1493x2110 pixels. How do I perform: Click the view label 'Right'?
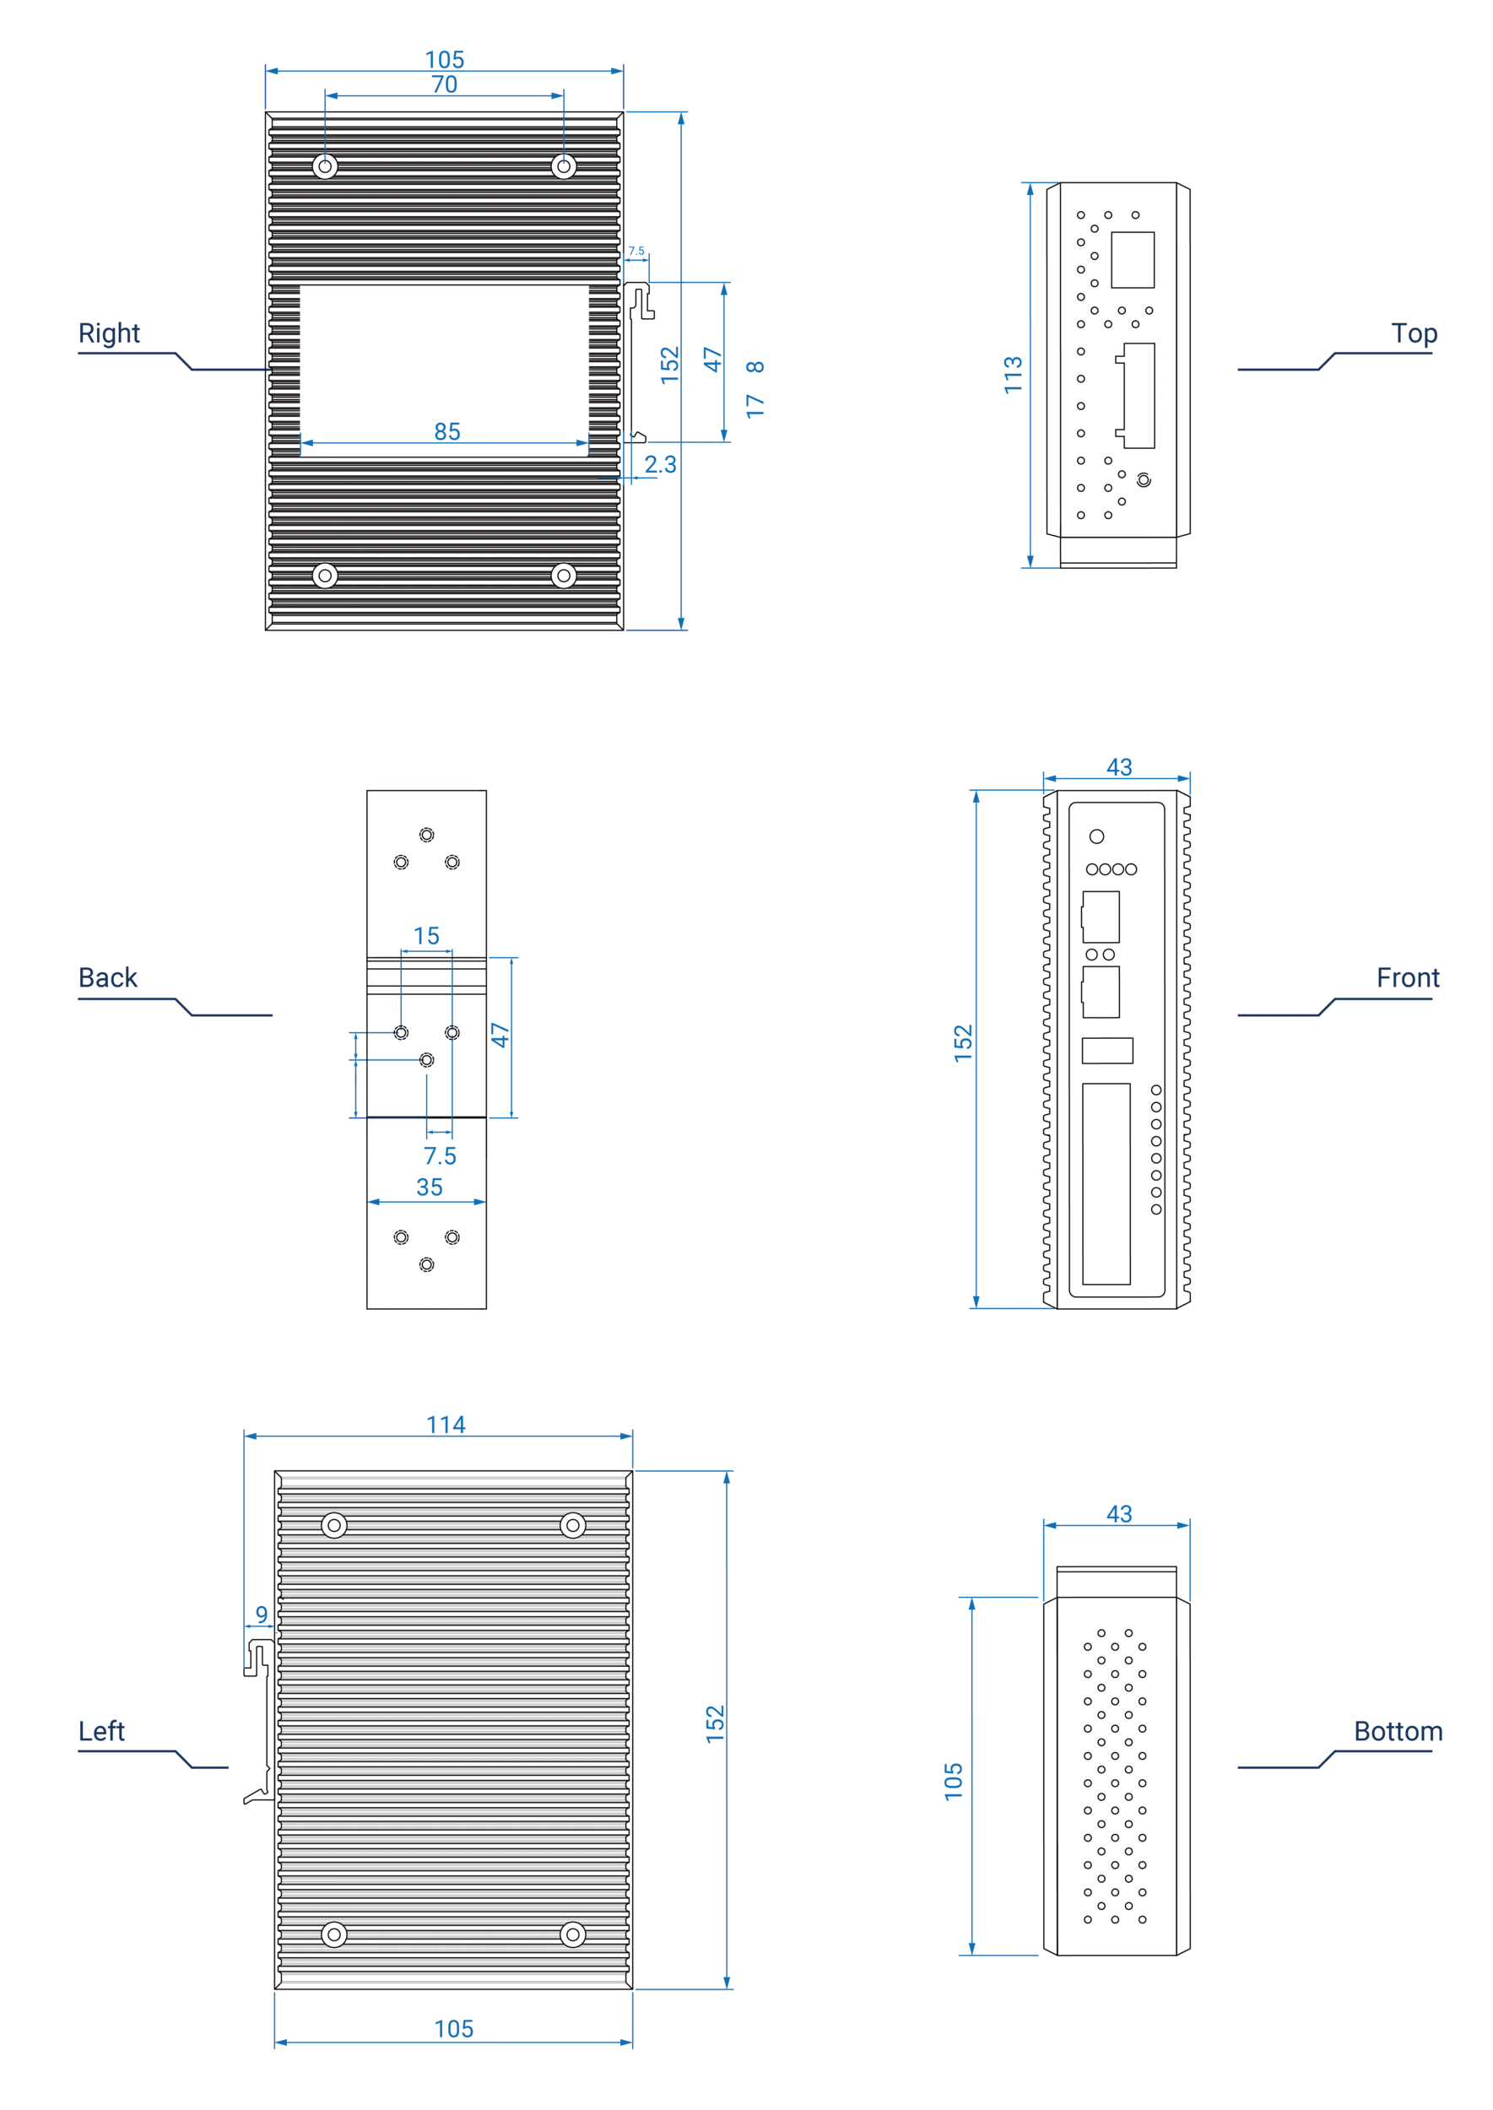pos(107,332)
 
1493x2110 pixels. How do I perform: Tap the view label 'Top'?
pos(1414,333)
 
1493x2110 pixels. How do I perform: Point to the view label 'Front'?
pos(1409,979)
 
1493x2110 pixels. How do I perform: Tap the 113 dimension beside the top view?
pos(1012,373)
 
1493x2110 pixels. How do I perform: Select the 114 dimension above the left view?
pos(446,1425)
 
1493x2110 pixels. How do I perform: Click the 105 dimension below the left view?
pos(454,2030)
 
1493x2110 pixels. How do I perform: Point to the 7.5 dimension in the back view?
pos(439,1151)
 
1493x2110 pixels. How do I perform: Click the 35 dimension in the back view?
pos(430,1187)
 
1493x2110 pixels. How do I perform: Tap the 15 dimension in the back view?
pos(429,936)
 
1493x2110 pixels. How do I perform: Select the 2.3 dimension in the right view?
pos(659,464)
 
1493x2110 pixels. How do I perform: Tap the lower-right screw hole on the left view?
pos(572,1934)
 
